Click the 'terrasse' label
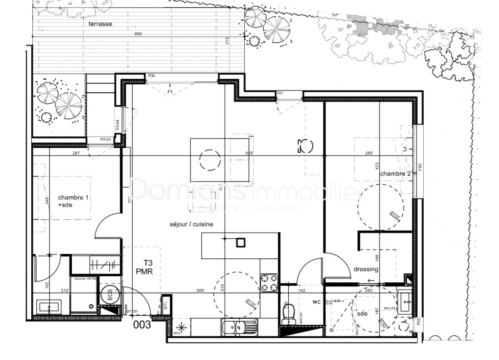coord(100,24)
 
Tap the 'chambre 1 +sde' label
coord(73,201)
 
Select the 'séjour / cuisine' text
coord(191,224)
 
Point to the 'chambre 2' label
coord(395,174)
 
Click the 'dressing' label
coord(366,269)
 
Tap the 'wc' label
coord(316,302)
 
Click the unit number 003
coord(142,324)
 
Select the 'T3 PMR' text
coord(144,267)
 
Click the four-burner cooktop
coord(269,283)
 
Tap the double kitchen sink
coord(239,327)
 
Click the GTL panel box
coord(166,305)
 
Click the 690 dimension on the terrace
coord(138,34)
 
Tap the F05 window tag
coord(151,76)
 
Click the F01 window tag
coord(280,93)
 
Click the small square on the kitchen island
coord(241,242)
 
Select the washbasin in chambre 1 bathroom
coord(49,306)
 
